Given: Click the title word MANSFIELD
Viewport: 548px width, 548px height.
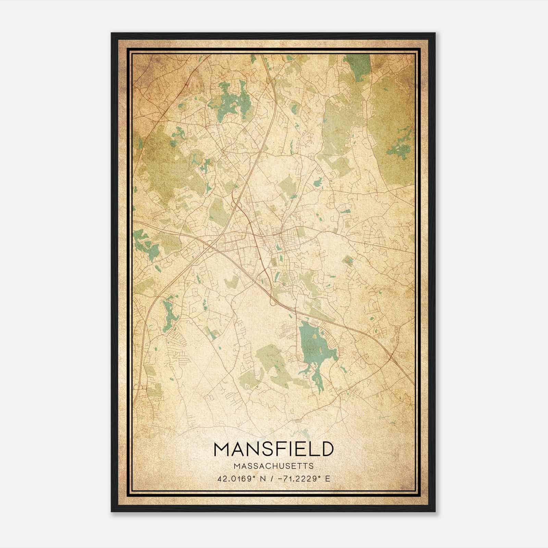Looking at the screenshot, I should (273, 449).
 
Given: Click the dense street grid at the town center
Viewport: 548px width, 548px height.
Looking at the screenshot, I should (274, 240).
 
